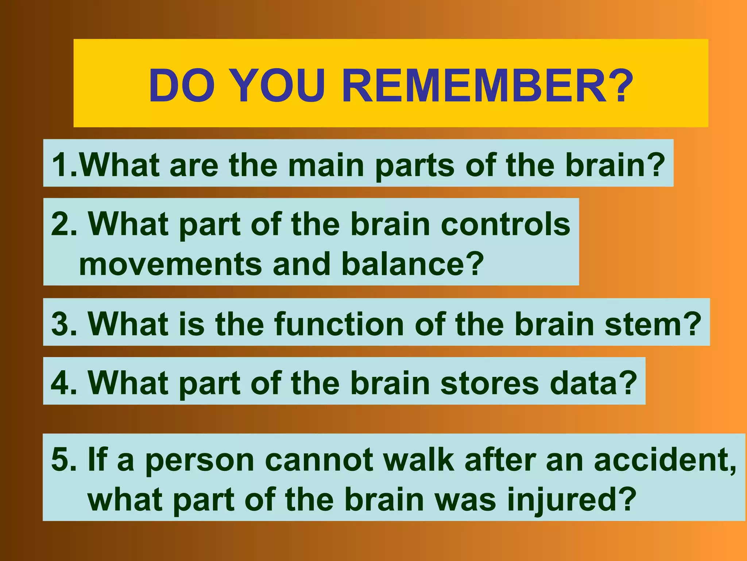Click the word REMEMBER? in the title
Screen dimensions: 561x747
(487, 86)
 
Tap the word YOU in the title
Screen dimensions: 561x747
(277, 86)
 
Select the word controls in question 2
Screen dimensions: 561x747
(505, 224)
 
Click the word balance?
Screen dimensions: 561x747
(413, 264)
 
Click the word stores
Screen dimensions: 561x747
(489, 383)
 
